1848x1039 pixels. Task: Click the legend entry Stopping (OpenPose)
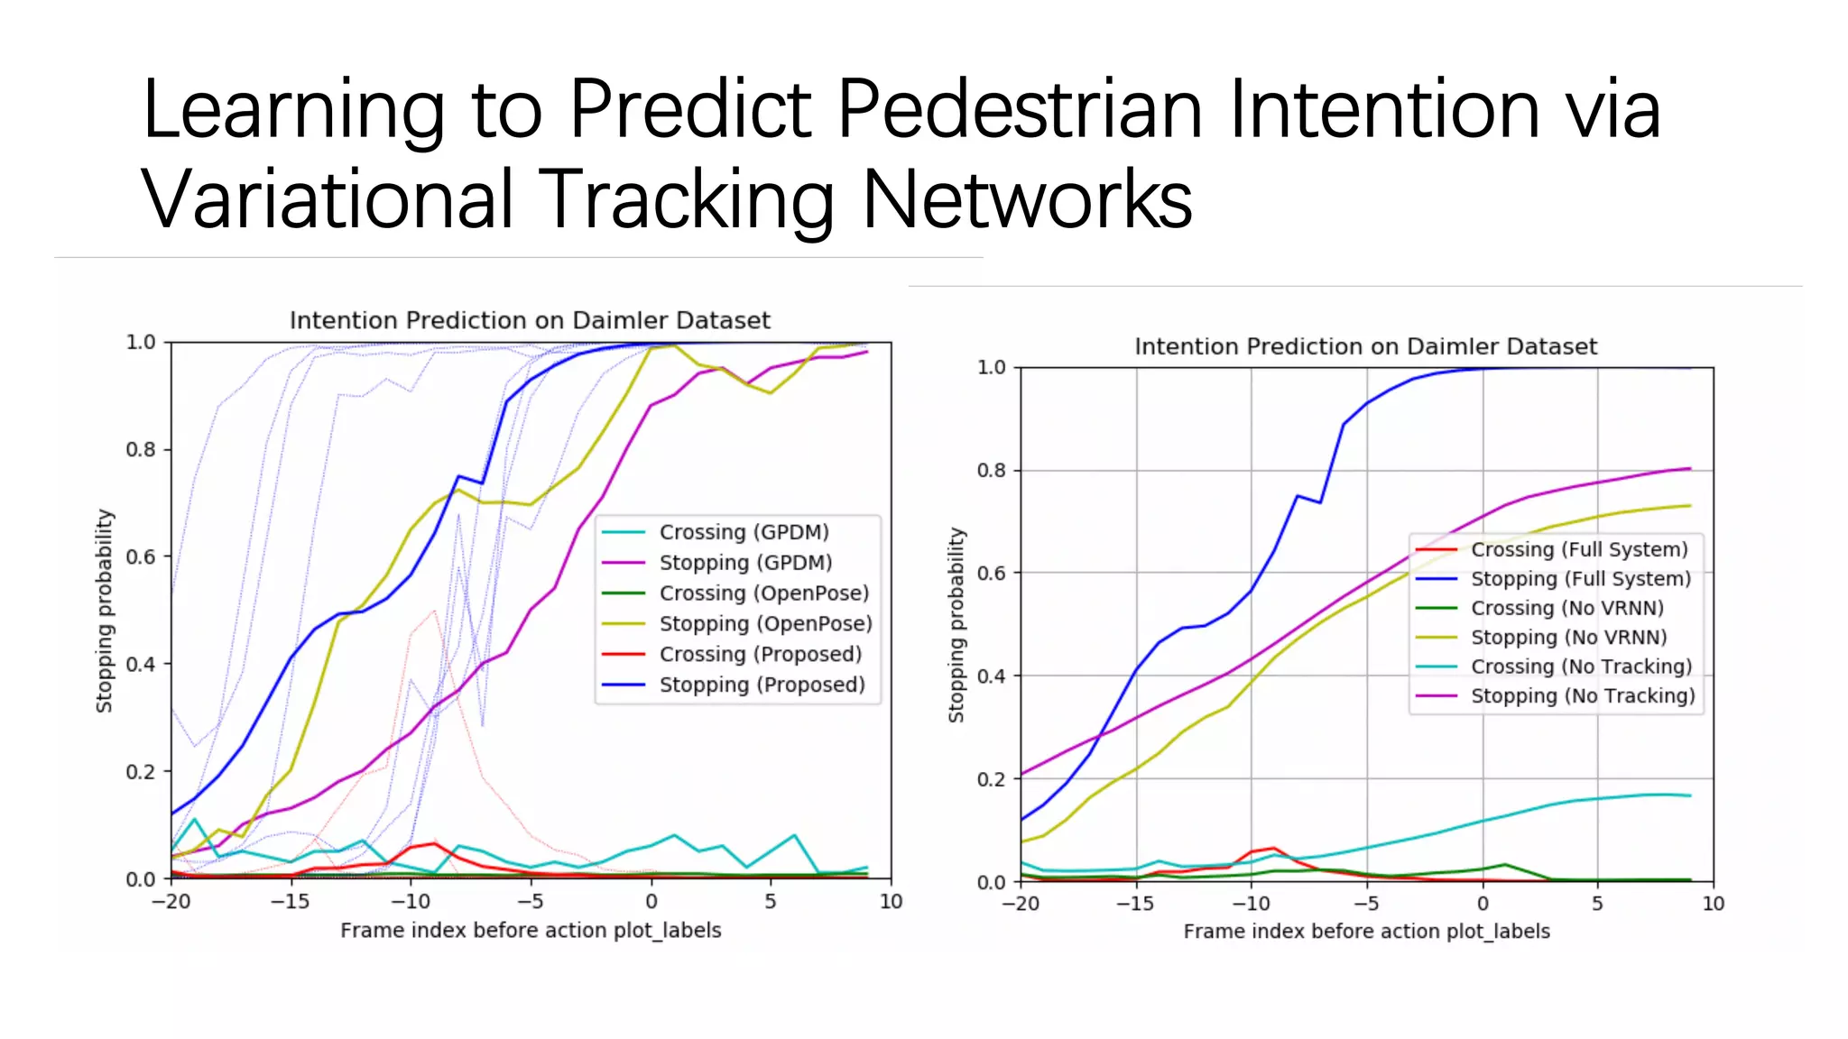click(x=765, y=624)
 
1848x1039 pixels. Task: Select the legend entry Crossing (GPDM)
click(x=744, y=532)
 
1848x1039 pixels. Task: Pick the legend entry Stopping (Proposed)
click(x=762, y=685)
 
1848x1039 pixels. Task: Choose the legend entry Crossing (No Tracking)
click(x=1581, y=667)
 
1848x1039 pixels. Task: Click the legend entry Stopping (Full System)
click(x=1580, y=579)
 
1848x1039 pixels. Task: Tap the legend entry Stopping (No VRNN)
click(x=1568, y=638)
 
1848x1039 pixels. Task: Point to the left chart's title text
click(x=530, y=321)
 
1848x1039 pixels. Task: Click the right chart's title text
click(x=1365, y=347)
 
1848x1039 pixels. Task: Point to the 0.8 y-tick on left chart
click(x=140, y=449)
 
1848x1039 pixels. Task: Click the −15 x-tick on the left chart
click(x=290, y=902)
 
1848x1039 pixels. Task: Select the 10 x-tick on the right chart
click(x=1713, y=904)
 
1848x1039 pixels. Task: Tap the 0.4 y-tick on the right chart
click(x=991, y=676)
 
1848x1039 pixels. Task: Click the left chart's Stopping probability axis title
click(x=105, y=611)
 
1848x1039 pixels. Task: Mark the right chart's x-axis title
click(x=1366, y=932)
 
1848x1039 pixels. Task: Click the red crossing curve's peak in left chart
click(x=435, y=843)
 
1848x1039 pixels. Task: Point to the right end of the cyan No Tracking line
click(x=1689, y=795)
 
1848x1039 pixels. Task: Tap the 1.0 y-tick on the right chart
click(x=991, y=368)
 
